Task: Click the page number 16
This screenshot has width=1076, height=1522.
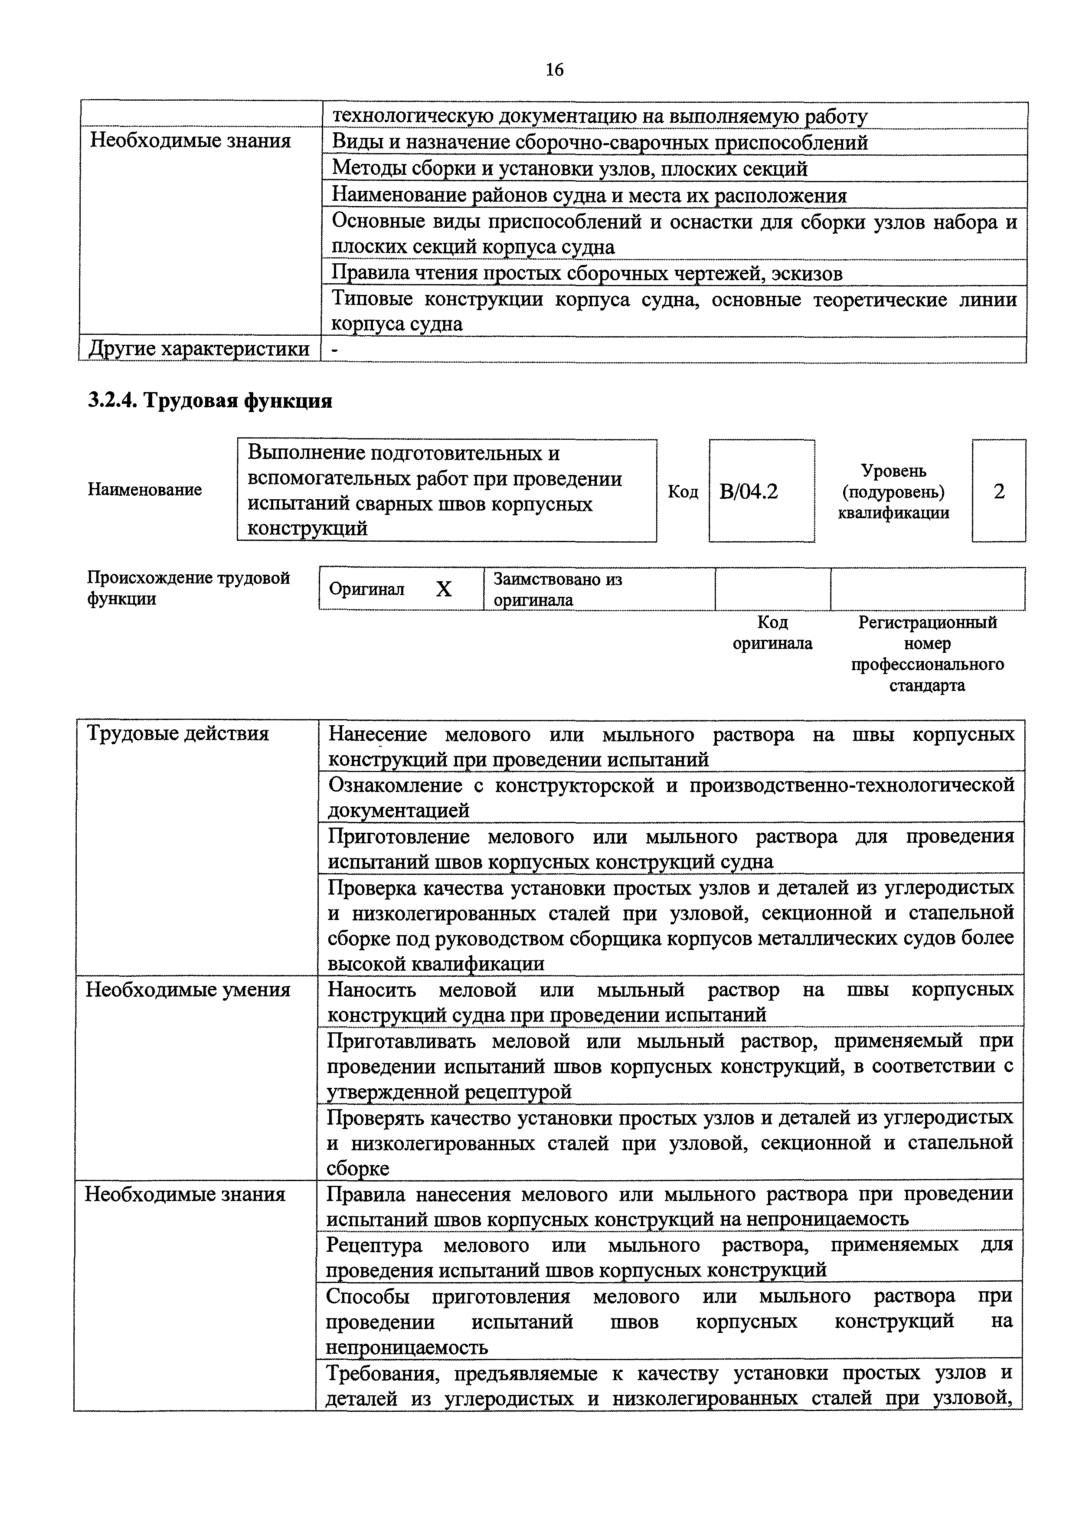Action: tap(554, 69)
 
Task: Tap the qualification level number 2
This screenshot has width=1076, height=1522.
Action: tap(999, 491)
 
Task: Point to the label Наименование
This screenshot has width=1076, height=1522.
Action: tap(144, 490)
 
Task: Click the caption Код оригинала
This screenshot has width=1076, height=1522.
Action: tap(772, 633)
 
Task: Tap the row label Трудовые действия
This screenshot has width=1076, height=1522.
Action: tap(178, 734)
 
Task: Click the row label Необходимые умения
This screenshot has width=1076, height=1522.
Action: tap(188, 990)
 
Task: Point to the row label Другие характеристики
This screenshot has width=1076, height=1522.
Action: tap(199, 349)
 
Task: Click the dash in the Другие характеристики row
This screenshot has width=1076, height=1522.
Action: tap(334, 349)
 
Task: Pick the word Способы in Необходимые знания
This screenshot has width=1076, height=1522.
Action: tap(367, 1296)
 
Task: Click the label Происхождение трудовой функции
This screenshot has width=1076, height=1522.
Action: tap(188, 588)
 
